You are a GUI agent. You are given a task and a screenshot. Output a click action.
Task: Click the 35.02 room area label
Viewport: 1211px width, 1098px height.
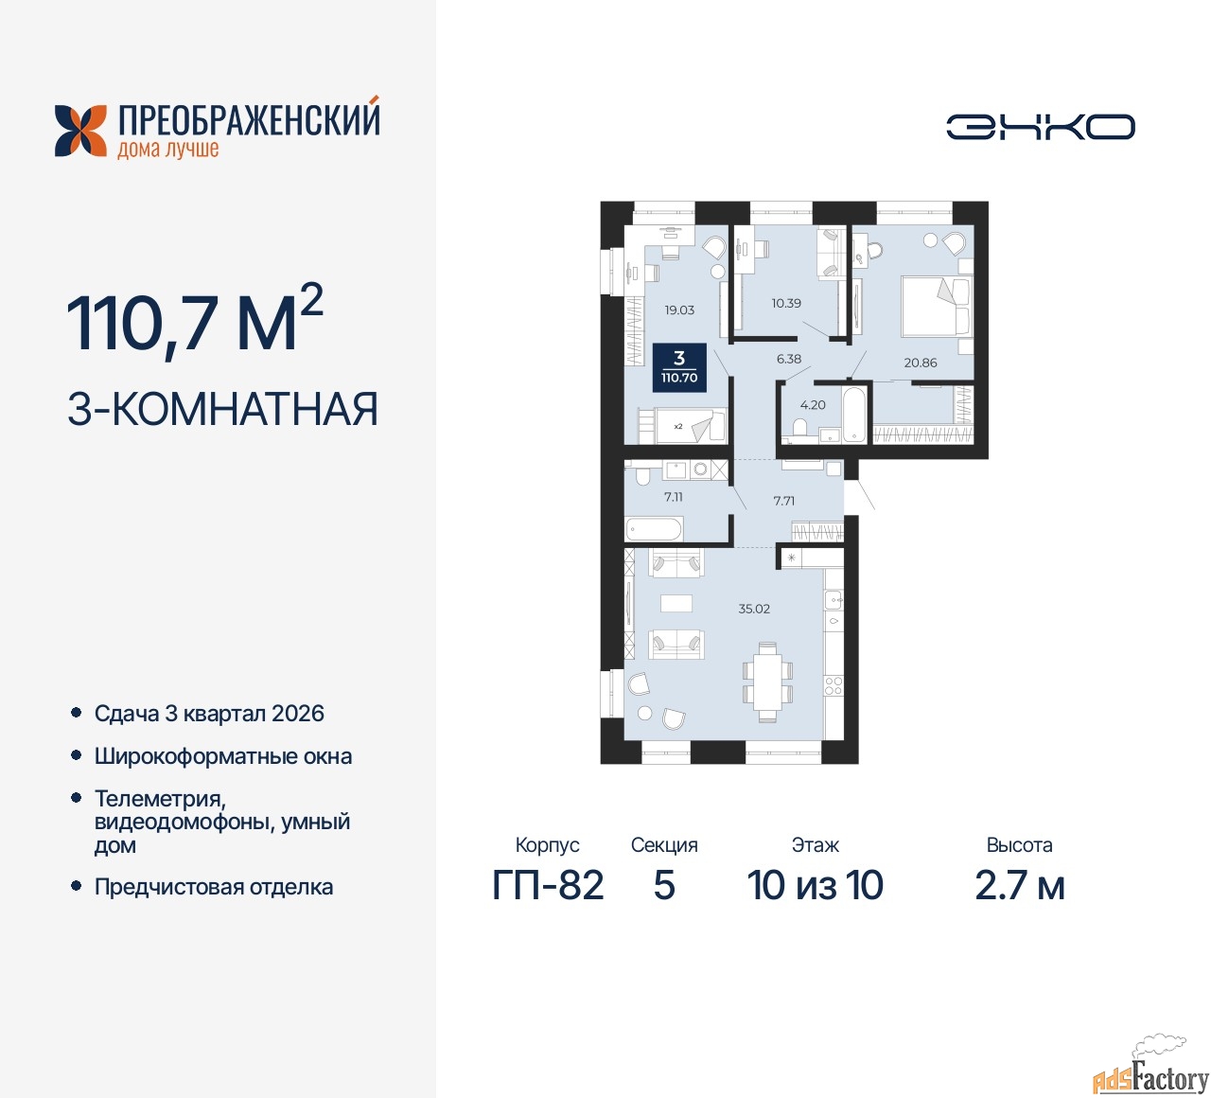point(753,609)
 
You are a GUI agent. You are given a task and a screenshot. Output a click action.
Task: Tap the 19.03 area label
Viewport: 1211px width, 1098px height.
point(679,310)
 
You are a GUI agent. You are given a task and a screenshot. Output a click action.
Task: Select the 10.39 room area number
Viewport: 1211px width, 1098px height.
point(786,303)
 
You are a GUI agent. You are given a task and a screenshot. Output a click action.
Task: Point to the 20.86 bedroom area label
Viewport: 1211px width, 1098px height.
point(920,363)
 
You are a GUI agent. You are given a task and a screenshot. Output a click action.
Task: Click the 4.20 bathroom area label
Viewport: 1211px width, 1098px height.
point(813,405)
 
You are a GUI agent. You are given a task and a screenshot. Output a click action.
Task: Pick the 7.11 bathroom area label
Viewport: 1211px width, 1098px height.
point(673,497)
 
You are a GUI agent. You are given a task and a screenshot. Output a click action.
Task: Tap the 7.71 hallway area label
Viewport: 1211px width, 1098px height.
point(783,501)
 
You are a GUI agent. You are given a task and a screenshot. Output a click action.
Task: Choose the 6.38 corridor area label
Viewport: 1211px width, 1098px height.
point(788,359)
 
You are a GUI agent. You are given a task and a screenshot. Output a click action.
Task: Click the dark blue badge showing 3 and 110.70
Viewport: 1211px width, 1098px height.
point(679,367)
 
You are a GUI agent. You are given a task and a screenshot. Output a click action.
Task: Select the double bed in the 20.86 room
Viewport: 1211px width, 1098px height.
point(937,306)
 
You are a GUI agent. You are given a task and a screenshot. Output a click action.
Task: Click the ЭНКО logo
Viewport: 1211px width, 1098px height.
point(1040,127)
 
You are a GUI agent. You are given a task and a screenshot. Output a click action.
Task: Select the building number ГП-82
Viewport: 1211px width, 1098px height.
point(548,885)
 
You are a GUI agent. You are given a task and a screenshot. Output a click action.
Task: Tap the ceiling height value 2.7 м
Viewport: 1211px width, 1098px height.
point(1020,885)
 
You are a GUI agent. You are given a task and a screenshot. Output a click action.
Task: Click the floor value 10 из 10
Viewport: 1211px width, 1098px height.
point(815,885)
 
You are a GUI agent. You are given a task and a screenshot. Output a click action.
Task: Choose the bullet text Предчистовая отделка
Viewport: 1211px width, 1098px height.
point(214,887)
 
